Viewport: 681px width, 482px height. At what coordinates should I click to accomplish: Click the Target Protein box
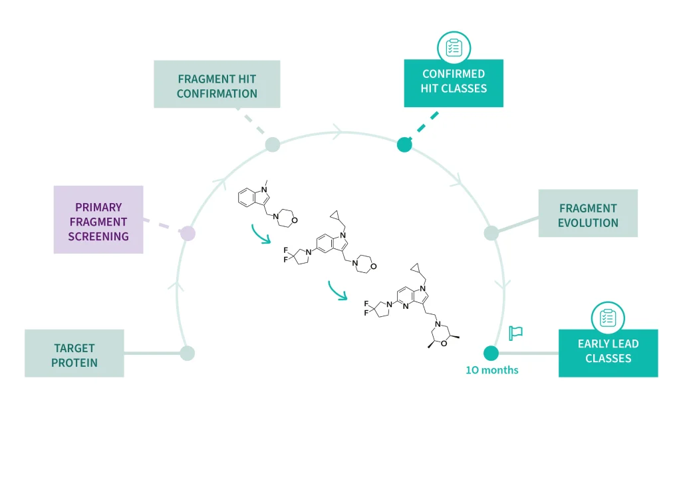(x=74, y=354)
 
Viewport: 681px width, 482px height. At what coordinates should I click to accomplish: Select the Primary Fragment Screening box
(x=98, y=220)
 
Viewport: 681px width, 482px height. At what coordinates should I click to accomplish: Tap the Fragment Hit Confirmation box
(x=217, y=85)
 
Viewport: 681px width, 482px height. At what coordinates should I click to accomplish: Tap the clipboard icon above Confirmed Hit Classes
(x=454, y=47)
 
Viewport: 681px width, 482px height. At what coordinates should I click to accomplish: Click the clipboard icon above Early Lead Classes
(x=608, y=318)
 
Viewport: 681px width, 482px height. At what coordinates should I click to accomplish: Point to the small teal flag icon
(x=515, y=333)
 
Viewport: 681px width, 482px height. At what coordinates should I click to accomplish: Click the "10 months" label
(x=492, y=370)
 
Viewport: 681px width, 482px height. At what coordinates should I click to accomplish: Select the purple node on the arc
(x=188, y=233)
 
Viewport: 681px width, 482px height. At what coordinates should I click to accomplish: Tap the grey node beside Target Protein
(x=188, y=354)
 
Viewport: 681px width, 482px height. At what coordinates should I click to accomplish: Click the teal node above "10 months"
(x=491, y=354)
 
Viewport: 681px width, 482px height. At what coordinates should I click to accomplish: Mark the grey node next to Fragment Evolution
(x=491, y=233)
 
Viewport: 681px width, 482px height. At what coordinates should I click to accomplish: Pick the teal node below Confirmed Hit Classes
(x=404, y=144)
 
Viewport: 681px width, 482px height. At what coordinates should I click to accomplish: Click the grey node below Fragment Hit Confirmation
(x=272, y=144)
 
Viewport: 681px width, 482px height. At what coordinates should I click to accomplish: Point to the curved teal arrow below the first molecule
(x=260, y=234)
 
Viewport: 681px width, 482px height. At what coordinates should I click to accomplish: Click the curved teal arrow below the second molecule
(x=337, y=290)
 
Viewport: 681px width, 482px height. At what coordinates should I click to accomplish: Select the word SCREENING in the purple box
(x=98, y=236)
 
